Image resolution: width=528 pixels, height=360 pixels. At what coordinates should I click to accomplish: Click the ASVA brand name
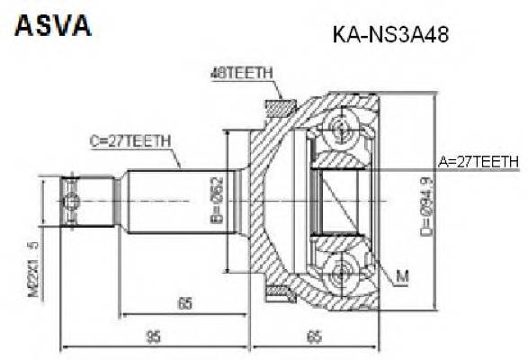[52, 24]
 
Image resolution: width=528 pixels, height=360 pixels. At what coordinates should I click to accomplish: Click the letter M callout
[401, 275]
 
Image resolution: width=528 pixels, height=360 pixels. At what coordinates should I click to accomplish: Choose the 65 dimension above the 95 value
[185, 303]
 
